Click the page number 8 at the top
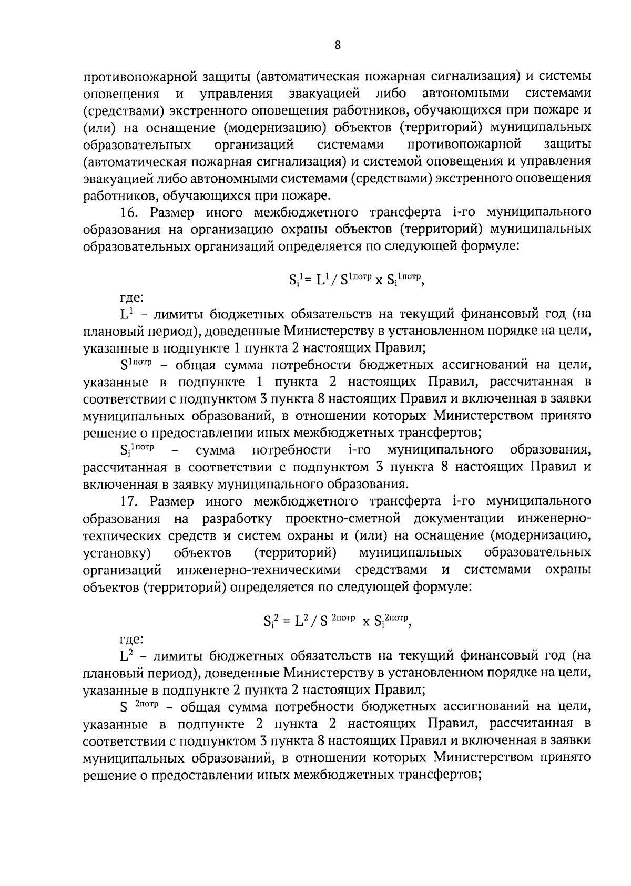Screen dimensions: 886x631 pyautogui.click(x=338, y=46)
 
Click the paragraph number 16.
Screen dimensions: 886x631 pyautogui.click(x=129, y=212)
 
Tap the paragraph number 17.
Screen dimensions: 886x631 pyautogui.click(x=129, y=501)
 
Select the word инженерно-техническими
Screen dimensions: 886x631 pyautogui.click(x=259, y=570)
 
